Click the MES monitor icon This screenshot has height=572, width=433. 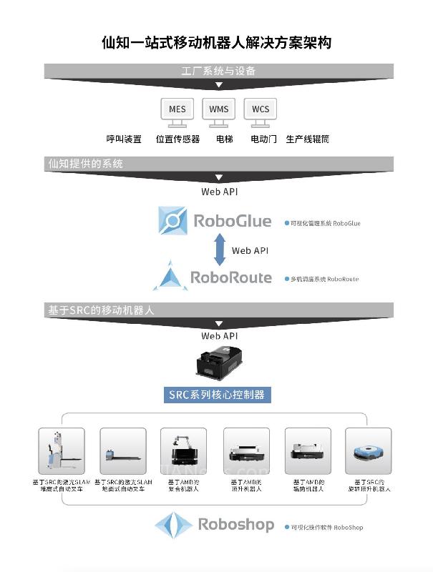pos(177,111)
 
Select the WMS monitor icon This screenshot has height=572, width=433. pos(219,111)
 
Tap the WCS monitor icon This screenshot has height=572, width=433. pos(261,111)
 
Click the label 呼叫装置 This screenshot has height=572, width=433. pos(124,139)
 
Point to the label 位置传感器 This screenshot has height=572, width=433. pos(177,139)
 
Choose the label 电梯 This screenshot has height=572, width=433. pos(224,139)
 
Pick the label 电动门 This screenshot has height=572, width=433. pos(263,139)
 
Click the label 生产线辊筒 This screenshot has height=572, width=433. pos(307,139)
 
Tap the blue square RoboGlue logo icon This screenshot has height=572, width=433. pos(172,221)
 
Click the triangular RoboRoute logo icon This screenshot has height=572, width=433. pos(170,277)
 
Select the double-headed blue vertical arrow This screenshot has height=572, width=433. pos(219,250)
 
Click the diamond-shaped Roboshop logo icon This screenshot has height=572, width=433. pos(174,526)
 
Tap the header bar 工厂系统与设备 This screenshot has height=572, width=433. pos(218,71)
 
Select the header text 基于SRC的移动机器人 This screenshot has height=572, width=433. pos(101,310)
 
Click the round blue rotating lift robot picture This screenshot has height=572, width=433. pos(368,451)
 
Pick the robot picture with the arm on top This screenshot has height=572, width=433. pos(183,451)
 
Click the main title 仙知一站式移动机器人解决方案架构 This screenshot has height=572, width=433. pos(216,43)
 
